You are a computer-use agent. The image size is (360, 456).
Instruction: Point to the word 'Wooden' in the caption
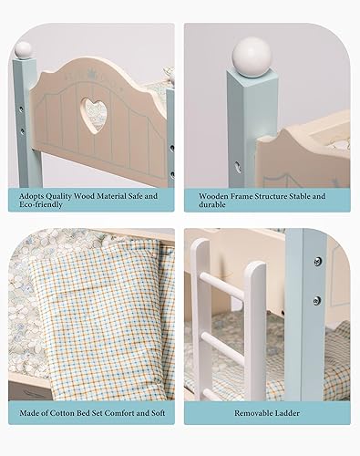215,193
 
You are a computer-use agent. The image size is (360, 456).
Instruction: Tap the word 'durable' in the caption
213,206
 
